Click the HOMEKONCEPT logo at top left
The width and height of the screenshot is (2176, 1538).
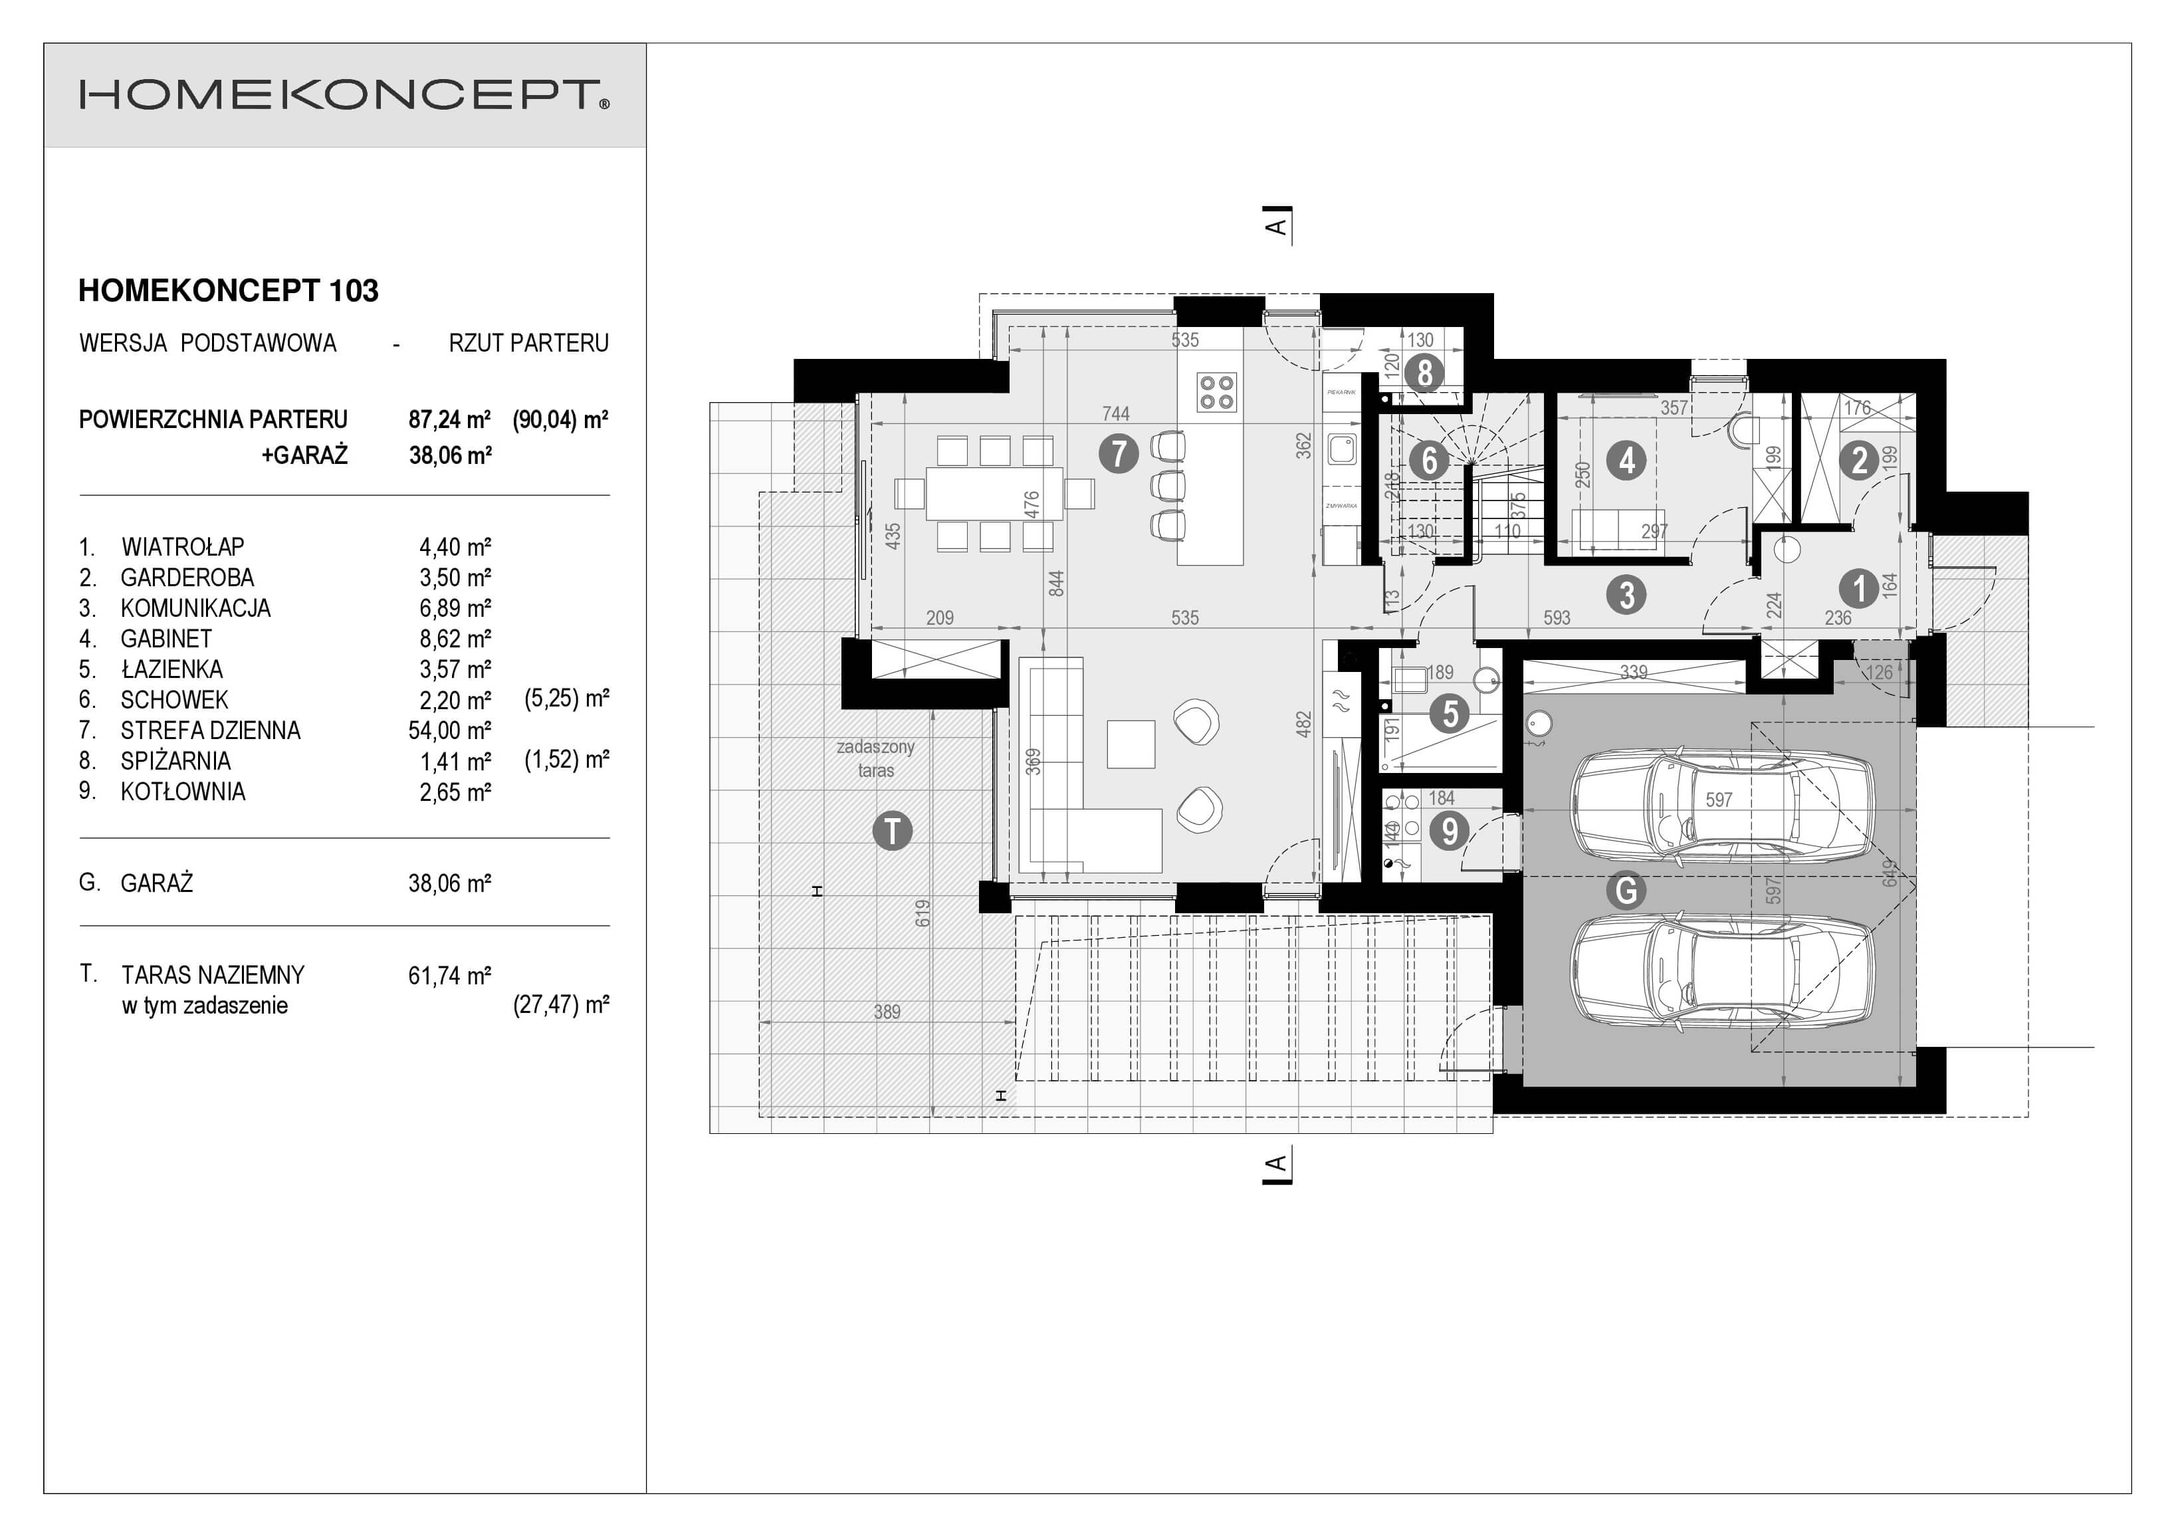(x=344, y=96)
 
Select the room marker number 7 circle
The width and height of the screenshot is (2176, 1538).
(x=1119, y=454)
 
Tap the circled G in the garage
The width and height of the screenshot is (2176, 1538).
(x=1626, y=890)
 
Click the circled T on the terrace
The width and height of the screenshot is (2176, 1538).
(x=892, y=831)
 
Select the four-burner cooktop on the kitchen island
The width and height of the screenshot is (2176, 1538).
(x=1217, y=391)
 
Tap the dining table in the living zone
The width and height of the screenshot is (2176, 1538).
(x=994, y=493)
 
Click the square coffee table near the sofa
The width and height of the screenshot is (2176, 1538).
(x=1131, y=744)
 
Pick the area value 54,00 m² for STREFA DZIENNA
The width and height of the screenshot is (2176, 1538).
(x=449, y=730)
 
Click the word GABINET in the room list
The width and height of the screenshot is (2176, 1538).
(x=166, y=639)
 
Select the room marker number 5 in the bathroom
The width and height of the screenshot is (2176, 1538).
(x=1450, y=714)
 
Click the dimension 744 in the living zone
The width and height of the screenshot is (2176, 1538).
(x=1115, y=413)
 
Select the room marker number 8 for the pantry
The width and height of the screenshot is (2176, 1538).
(x=1424, y=374)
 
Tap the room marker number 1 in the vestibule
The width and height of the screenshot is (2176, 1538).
(x=1858, y=588)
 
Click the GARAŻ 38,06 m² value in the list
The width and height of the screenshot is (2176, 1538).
(x=449, y=883)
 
